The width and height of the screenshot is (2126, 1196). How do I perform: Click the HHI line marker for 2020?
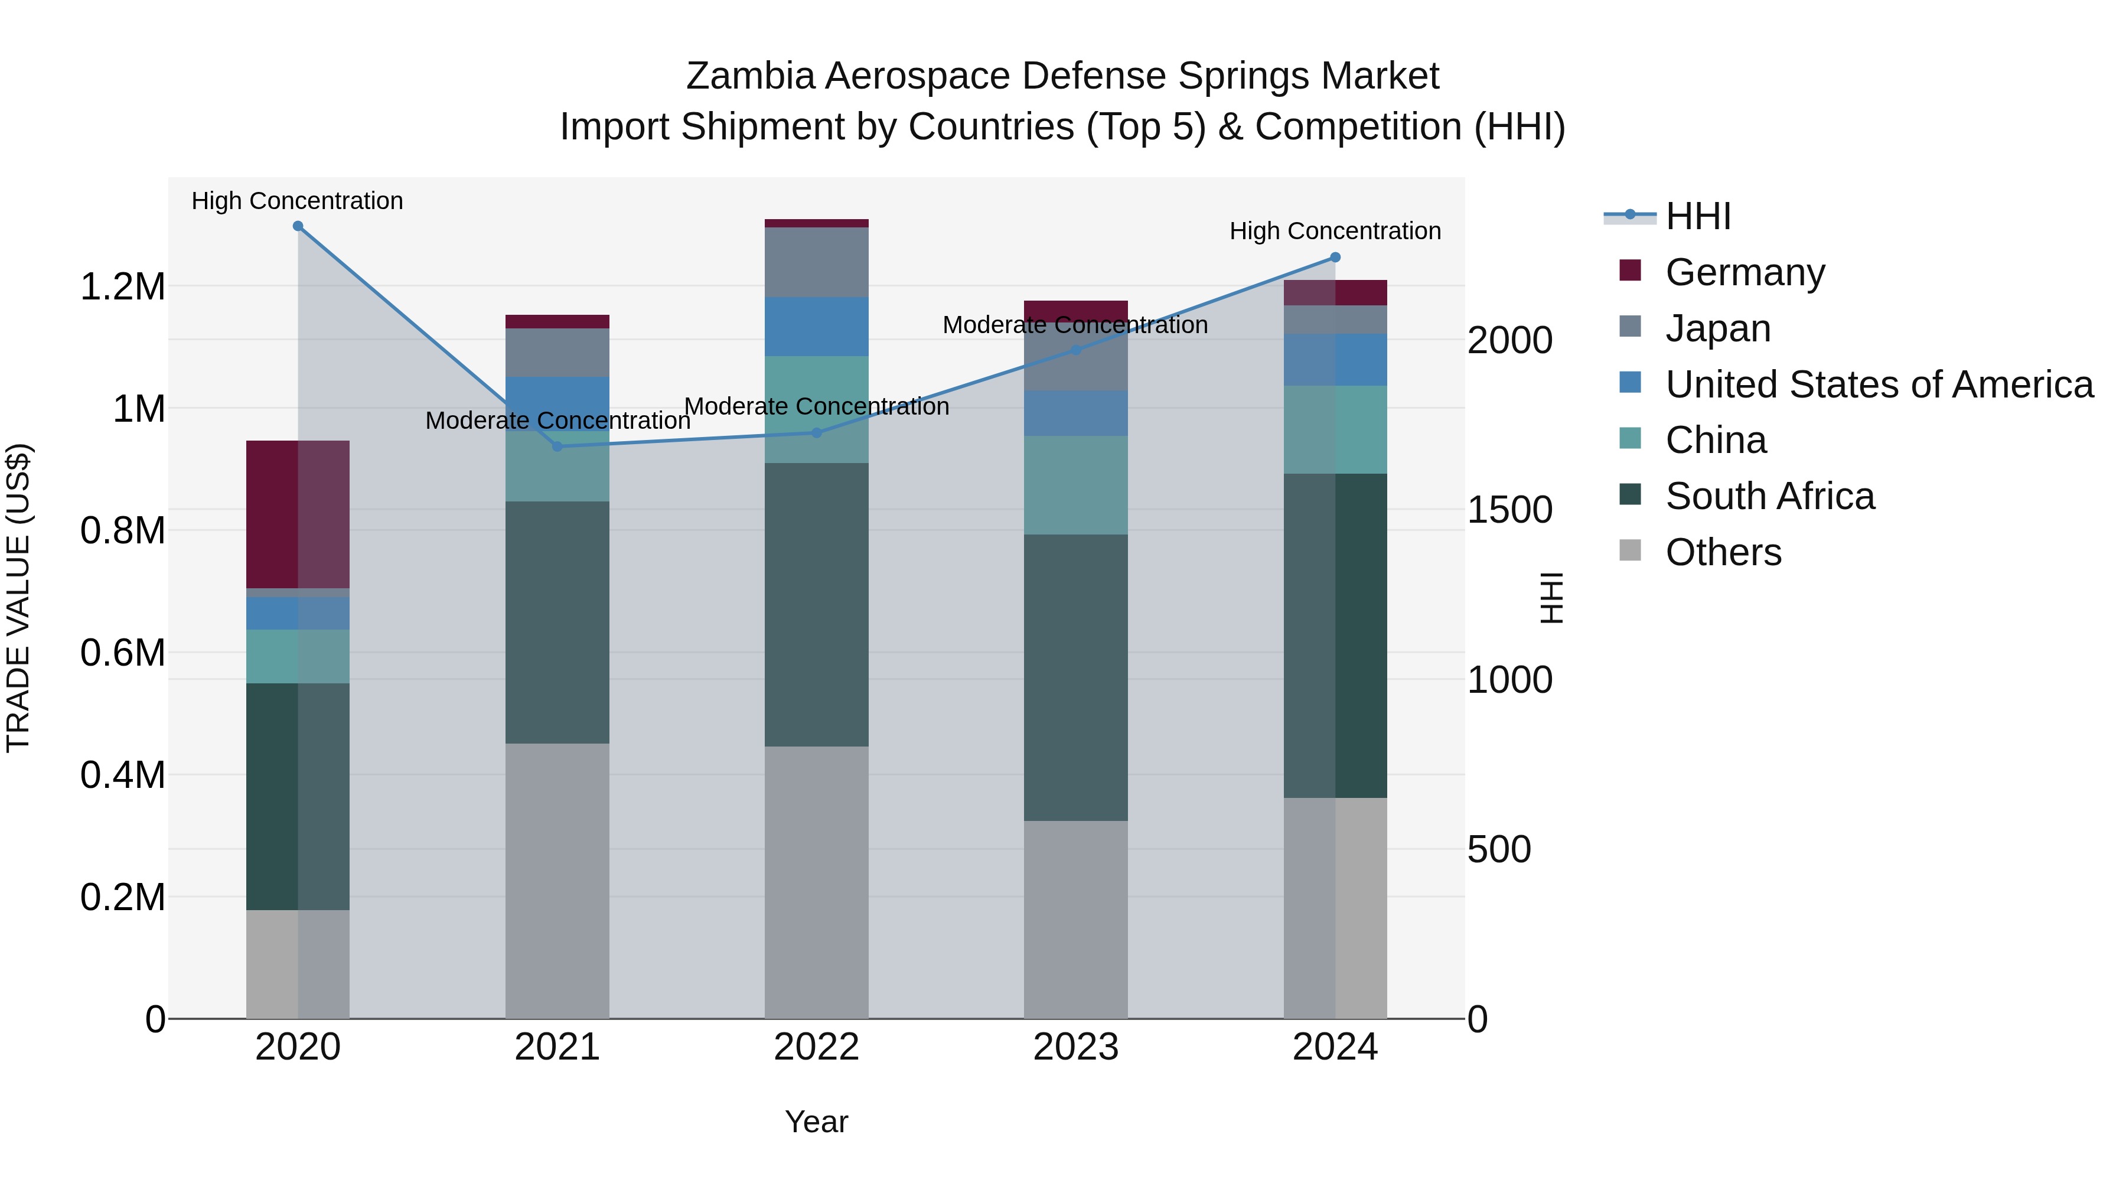(x=298, y=226)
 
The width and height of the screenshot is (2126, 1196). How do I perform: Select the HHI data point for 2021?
(x=557, y=447)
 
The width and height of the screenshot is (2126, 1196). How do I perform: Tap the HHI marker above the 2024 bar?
(x=1335, y=258)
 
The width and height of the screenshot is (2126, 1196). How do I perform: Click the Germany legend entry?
(x=1744, y=272)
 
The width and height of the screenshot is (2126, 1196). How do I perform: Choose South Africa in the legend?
(x=1769, y=496)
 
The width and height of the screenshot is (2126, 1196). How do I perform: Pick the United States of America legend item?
(x=1879, y=384)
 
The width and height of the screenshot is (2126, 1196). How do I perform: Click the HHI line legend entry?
(x=1698, y=216)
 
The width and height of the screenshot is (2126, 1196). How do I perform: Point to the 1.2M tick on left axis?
(x=122, y=287)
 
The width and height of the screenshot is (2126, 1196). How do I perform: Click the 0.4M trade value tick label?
(x=122, y=775)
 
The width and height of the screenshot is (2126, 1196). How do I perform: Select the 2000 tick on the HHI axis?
(x=1509, y=340)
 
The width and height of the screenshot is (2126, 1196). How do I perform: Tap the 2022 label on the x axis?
(x=816, y=1047)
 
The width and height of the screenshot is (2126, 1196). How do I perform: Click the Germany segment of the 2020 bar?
(x=298, y=514)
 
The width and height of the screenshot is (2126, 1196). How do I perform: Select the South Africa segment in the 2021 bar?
(x=557, y=623)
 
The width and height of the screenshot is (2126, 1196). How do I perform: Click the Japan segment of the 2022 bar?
(x=816, y=262)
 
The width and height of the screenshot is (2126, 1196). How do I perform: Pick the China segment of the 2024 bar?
(x=1335, y=429)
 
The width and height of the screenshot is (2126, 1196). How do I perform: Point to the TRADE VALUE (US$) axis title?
(x=18, y=598)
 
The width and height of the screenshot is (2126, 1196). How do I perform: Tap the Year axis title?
(x=816, y=1122)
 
